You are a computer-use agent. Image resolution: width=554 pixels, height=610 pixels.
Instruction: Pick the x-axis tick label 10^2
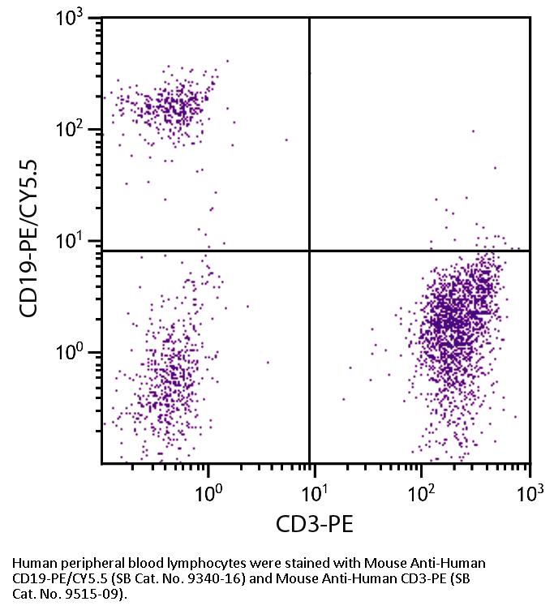coord(422,492)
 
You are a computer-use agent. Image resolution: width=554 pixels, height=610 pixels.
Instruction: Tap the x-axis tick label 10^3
coord(528,492)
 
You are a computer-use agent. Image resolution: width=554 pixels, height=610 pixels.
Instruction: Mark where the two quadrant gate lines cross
coord(310,251)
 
